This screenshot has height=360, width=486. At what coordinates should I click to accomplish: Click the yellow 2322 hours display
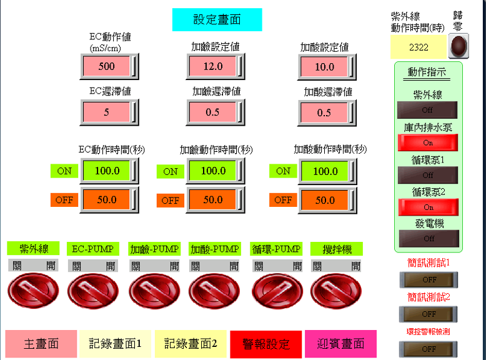(419, 47)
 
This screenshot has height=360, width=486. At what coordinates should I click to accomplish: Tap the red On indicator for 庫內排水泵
(428, 142)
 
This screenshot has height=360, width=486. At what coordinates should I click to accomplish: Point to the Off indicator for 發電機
(429, 239)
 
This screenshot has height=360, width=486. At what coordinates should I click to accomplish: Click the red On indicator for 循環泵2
(429, 207)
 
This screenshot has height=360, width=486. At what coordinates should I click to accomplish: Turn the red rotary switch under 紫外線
(33, 291)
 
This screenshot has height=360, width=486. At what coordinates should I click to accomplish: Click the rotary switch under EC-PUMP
(93, 291)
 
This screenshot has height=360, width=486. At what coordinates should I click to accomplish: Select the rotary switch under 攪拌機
(336, 291)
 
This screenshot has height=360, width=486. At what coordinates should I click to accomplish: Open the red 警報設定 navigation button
(266, 344)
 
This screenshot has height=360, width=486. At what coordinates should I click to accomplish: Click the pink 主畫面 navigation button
(41, 344)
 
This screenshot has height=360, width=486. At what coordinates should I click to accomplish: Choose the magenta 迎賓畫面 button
(341, 344)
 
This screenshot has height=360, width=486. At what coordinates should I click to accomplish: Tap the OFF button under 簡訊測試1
(429, 280)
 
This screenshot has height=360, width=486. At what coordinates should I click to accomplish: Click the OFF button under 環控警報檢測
(428, 349)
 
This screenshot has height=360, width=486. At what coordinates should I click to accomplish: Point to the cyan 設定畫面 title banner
(217, 19)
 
